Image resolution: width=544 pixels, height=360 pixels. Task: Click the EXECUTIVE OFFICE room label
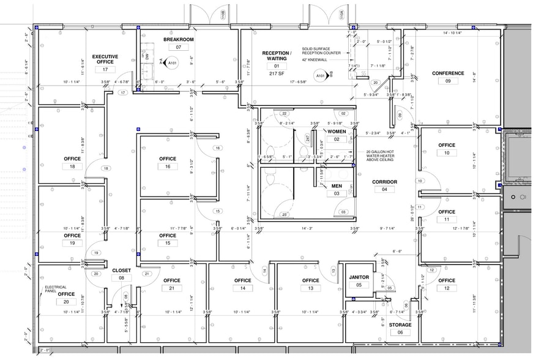coord(105,59)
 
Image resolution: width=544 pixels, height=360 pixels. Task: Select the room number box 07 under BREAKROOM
coord(179,47)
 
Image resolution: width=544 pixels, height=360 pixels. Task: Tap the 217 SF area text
coord(275,73)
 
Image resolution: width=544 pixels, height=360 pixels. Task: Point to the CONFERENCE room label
coord(448,73)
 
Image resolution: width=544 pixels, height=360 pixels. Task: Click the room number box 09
coord(448,81)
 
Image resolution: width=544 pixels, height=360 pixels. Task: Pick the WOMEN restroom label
coord(337,132)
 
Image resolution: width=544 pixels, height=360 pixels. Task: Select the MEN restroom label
coord(337,186)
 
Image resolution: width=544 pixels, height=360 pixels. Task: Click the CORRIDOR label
coord(385,182)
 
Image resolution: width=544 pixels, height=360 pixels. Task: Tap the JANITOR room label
coord(359,277)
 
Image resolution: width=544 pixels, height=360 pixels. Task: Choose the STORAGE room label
coord(400,324)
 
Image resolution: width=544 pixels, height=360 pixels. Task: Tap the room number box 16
coord(168,167)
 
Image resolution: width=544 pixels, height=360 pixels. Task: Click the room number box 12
coord(447,288)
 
